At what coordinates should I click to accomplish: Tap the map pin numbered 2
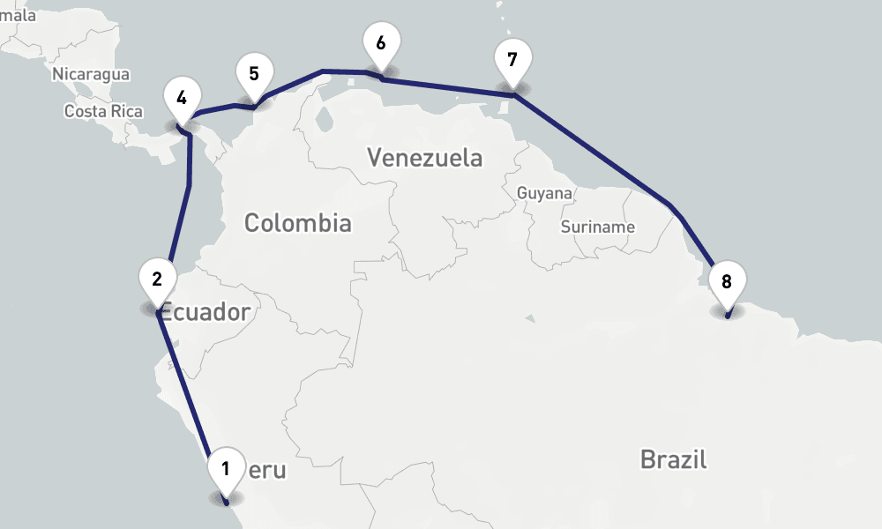coord(157,280)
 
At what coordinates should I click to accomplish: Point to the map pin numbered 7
coord(512,61)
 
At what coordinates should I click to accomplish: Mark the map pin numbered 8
coord(727,283)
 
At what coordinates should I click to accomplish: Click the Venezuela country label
coord(425,158)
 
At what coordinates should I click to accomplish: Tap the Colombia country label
coord(297,223)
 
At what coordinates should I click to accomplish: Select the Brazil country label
coord(674,459)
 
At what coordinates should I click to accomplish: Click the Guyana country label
coord(544,192)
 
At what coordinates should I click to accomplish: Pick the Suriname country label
coord(597,227)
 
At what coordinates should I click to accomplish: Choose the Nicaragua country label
coord(91,74)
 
